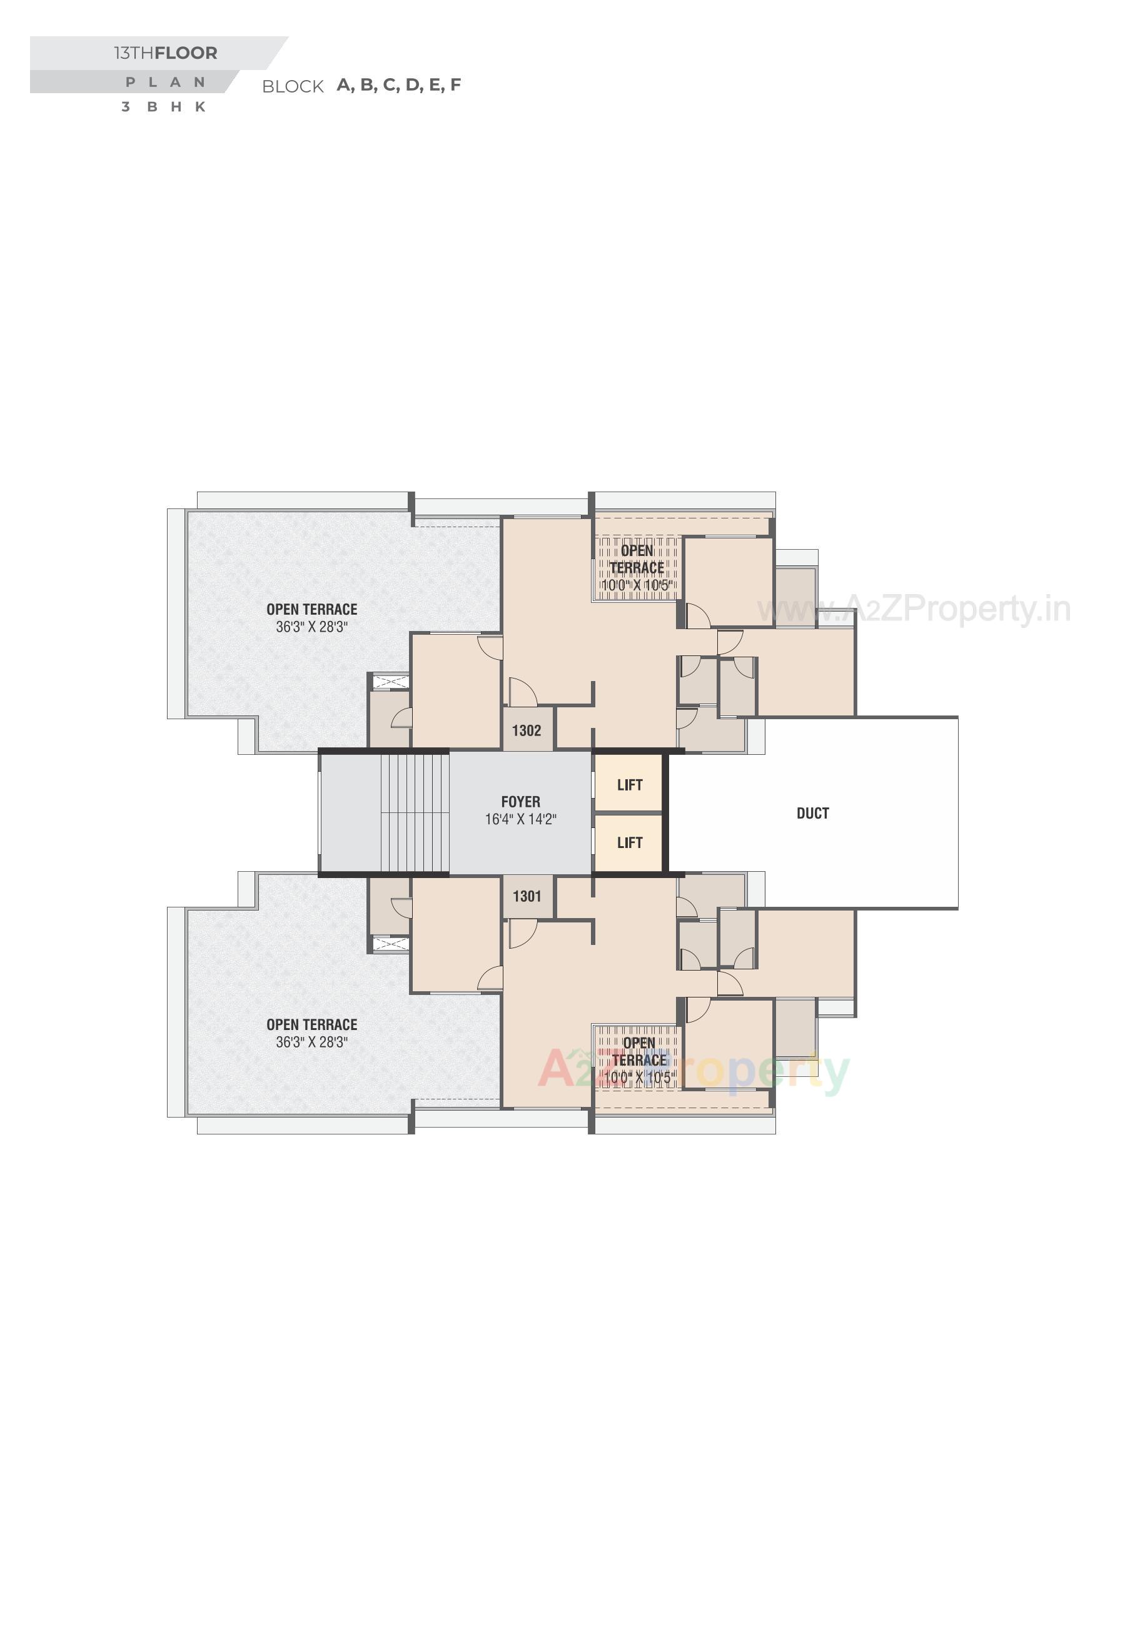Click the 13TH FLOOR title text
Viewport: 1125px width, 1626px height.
click(166, 53)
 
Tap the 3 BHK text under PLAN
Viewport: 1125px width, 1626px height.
click(164, 107)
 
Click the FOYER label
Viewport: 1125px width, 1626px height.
click(520, 802)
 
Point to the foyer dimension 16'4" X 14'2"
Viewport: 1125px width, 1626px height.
click(520, 819)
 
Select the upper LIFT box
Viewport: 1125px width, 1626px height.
click(630, 785)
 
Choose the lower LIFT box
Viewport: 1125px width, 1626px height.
click(630, 843)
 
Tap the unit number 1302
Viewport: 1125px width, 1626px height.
click(527, 731)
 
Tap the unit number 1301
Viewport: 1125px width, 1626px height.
click(527, 897)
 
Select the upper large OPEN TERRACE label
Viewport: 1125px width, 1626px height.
click(311, 610)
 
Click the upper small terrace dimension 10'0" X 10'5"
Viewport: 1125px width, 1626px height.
click(638, 586)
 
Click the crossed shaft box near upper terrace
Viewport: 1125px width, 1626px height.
click(390, 682)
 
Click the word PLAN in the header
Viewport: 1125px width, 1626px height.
click(166, 83)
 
